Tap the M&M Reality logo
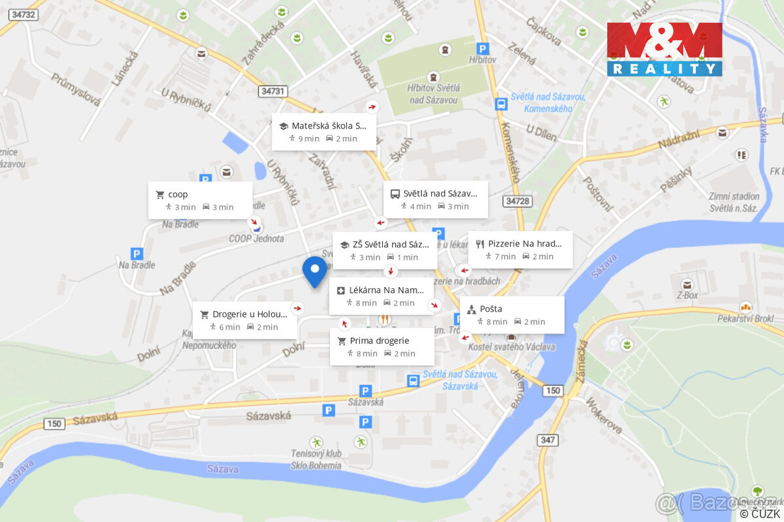[664, 50]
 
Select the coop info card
[200, 200]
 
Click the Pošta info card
[512, 315]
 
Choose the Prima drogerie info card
[382, 346]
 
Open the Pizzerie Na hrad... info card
[520, 249]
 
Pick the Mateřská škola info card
[324, 131]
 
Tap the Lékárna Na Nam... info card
[381, 296]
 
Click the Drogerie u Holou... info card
[244, 320]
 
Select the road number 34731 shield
[272, 91]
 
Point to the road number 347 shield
[547, 440]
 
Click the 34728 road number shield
[517, 201]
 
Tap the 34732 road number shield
[24, 14]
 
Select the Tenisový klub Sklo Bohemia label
[316, 460]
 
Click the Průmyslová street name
[76, 89]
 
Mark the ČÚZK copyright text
[760, 514]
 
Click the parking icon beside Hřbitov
[482, 48]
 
